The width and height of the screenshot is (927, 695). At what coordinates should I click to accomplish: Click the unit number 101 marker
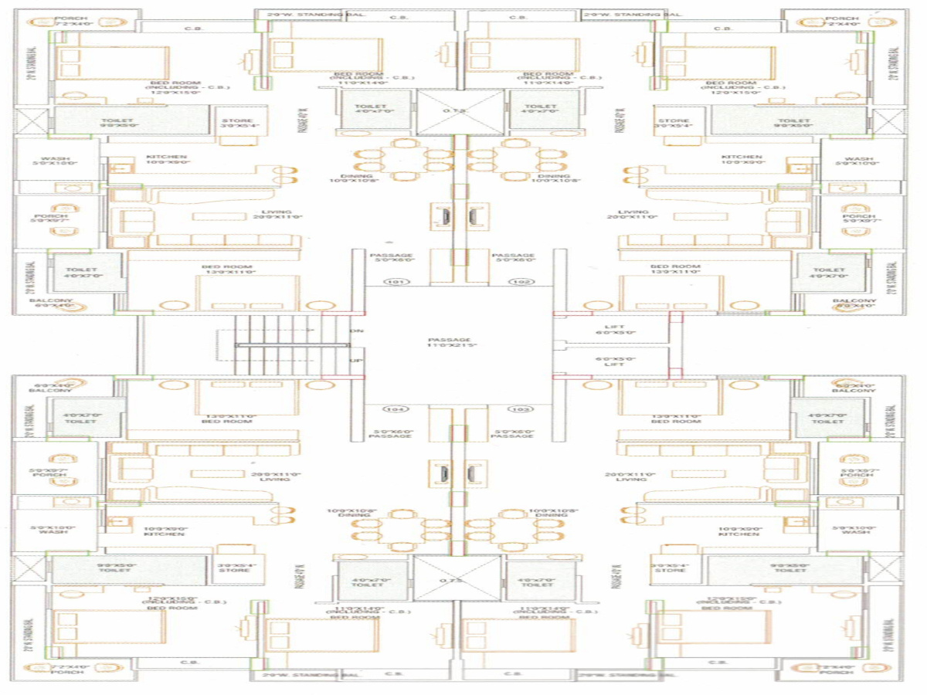(x=396, y=283)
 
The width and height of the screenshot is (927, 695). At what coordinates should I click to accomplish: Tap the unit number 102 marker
(x=518, y=283)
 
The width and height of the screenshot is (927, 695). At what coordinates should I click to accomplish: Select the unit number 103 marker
(x=518, y=409)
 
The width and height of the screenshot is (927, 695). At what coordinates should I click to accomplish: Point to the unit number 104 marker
(x=396, y=409)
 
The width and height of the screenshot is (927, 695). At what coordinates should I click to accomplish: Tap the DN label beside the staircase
(x=356, y=331)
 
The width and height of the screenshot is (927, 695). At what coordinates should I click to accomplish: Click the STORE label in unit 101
(x=237, y=121)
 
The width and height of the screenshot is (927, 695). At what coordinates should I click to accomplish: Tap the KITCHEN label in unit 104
(x=164, y=534)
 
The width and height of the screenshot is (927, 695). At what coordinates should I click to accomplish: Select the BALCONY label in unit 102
(x=854, y=300)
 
